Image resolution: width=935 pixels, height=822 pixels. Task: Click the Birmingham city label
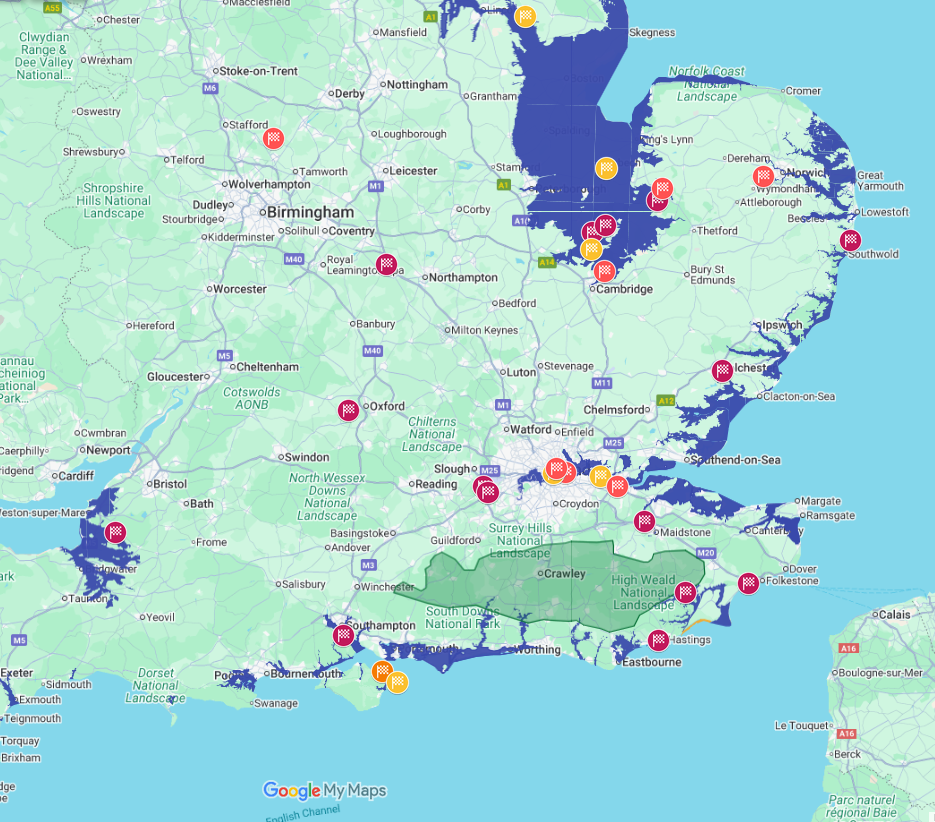[309, 213]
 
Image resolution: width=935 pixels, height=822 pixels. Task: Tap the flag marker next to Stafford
[273, 139]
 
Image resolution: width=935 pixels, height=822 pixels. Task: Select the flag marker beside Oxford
[348, 409]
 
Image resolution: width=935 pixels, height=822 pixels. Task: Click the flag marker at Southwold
[851, 240]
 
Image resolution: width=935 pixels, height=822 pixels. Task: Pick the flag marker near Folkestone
[748, 582]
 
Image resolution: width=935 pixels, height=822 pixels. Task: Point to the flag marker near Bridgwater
[116, 531]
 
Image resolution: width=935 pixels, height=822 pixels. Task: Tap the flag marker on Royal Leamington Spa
[386, 265]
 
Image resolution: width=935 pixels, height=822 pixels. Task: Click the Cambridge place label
[624, 289]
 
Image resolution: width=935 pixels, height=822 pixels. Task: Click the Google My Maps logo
[324, 790]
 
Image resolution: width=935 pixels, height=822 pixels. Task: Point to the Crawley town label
[565, 574]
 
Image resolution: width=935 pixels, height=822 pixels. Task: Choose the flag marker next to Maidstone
[645, 521]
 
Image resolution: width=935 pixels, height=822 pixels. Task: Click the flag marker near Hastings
[658, 640]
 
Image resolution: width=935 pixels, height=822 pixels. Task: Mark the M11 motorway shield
[601, 383]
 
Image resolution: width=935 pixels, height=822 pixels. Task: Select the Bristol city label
[170, 484]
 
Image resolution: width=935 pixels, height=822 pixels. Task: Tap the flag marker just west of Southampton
[343, 634]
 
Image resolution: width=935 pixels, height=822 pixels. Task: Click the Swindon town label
[306, 457]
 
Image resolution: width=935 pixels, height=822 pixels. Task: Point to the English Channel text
[303, 813]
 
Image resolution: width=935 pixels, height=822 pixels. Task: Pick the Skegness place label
[652, 33]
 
